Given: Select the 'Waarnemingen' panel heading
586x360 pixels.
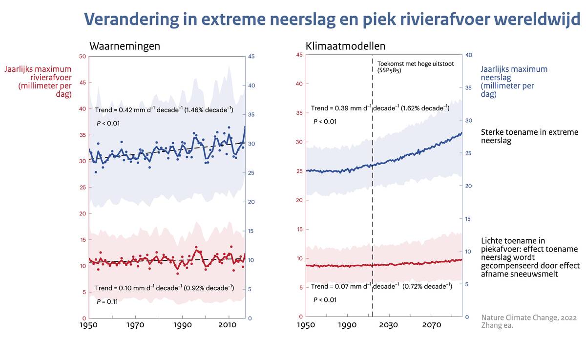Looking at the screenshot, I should [x=125, y=46].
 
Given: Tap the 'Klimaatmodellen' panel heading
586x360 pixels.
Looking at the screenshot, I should [x=345, y=46].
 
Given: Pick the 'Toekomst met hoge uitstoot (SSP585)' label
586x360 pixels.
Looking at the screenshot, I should [x=406, y=66].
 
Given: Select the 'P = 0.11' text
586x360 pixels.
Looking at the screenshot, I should [x=107, y=301].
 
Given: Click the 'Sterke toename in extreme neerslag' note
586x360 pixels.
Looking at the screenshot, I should [x=529, y=137].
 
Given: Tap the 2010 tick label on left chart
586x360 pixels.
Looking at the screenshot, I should [x=228, y=326].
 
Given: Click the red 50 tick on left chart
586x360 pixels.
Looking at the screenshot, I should [x=83, y=57].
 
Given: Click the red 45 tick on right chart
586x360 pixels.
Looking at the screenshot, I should [x=299, y=55].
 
